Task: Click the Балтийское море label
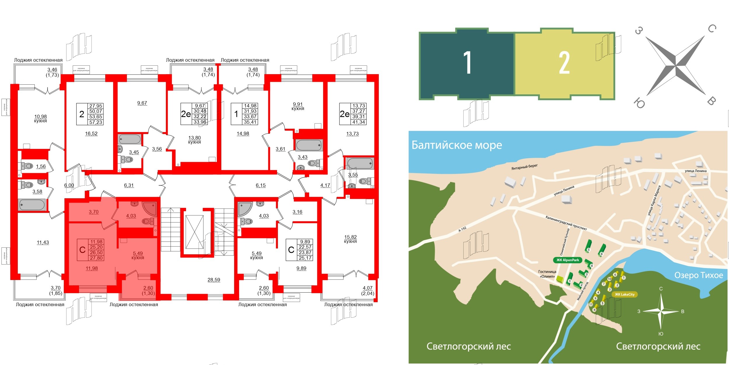tap(457, 145)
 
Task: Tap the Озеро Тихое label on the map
tap(699, 275)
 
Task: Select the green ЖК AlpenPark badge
tap(567, 260)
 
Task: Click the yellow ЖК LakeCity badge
tap(625, 294)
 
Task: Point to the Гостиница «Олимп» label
tap(547, 274)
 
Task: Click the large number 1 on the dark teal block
tap(467, 62)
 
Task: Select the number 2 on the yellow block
tap(564, 62)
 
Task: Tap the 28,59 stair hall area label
tap(214, 280)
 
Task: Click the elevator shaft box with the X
tap(194, 232)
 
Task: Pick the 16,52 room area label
tap(91, 133)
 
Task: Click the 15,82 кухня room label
tap(350, 239)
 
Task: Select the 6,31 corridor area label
tap(129, 185)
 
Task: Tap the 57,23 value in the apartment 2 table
tap(96, 122)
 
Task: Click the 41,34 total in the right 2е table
tap(358, 122)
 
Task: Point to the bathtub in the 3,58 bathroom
tap(32, 205)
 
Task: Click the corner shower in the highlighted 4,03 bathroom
tap(150, 208)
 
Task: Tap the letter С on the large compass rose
tap(712, 28)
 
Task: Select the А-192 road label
tap(462, 229)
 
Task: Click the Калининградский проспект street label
tap(566, 223)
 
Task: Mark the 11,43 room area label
tap(43, 242)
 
